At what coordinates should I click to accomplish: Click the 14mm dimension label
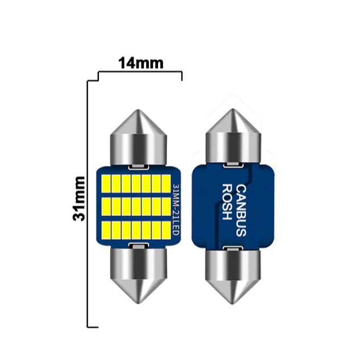(x=140, y=63)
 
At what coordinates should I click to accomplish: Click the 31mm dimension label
(x=79, y=199)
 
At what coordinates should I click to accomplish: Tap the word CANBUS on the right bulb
(x=241, y=211)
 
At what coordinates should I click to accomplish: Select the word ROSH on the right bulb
(x=226, y=202)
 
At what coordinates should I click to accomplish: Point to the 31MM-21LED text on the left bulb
(x=176, y=209)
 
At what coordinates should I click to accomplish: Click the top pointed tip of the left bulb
(x=138, y=110)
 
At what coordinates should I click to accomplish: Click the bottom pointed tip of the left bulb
(x=139, y=303)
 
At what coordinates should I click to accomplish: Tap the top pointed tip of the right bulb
(x=233, y=109)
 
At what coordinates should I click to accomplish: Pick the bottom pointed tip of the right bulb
(x=233, y=304)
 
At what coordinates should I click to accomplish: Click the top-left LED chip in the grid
(x=106, y=183)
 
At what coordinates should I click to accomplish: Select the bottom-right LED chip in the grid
(x=166, y=230)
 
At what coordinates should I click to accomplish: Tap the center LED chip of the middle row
(x=136, y=207)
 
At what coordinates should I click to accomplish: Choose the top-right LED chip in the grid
(x=166, y=183)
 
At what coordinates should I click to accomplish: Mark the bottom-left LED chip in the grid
(x=106, y=230)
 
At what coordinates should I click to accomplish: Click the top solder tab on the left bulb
(x=138, y=167)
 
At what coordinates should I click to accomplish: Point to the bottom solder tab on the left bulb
(x=138, y=247)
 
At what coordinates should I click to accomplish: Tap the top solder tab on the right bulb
(x=233, y=165)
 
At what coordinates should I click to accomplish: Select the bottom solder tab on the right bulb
(x=233, y=248)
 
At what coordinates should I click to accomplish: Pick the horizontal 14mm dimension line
(x=140, y=72)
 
